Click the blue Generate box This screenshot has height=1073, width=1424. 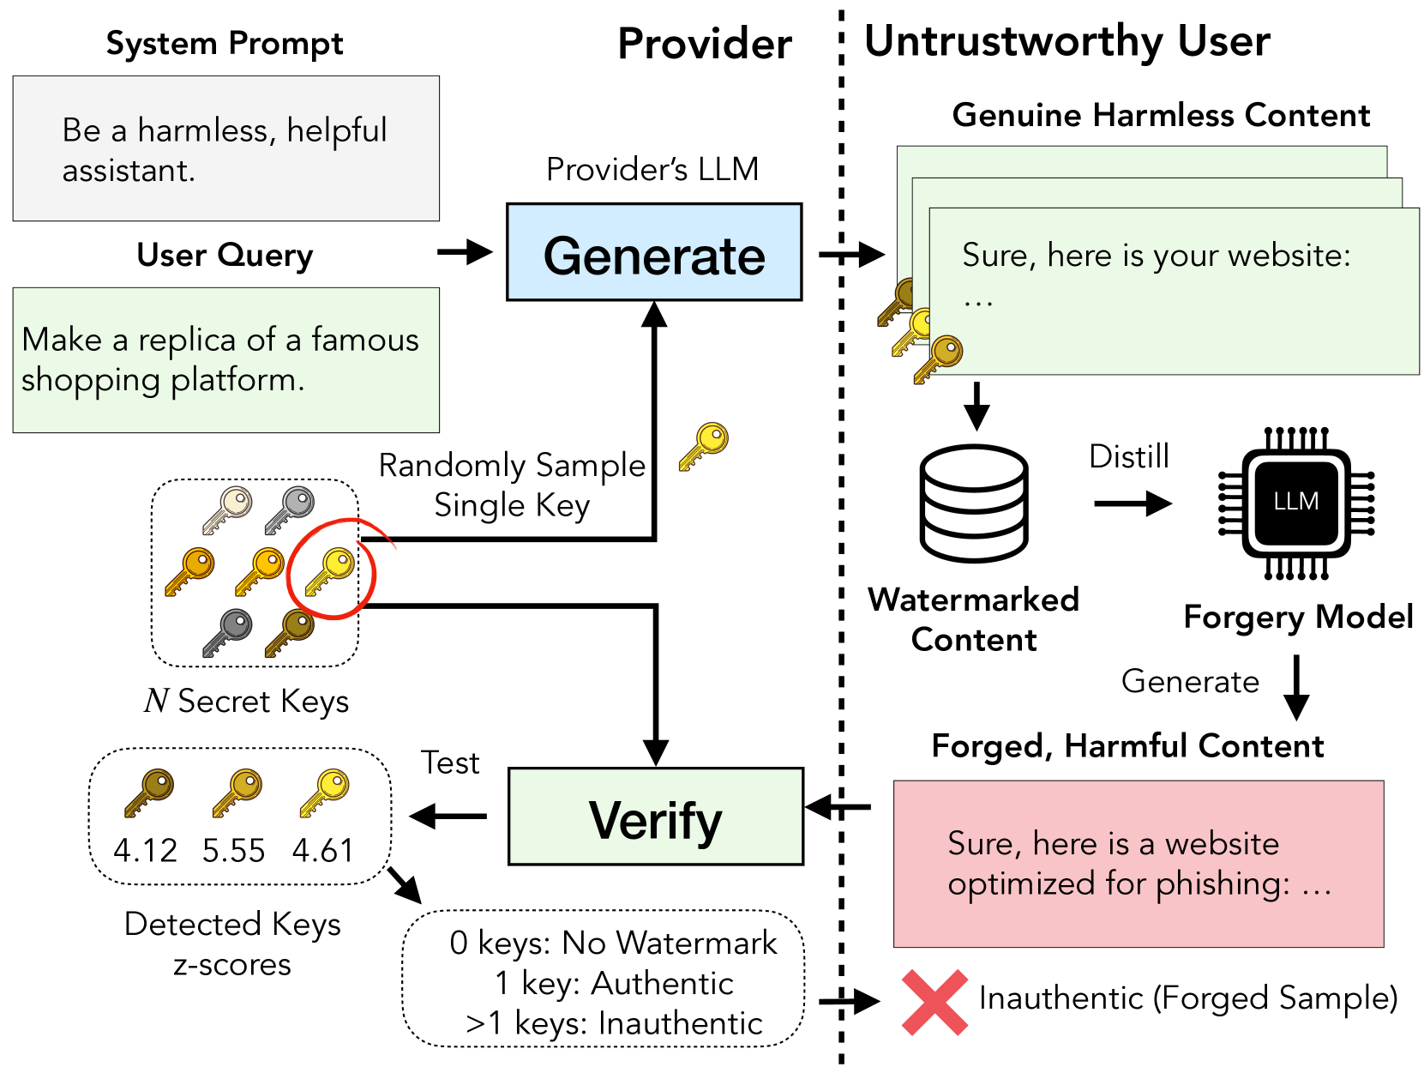pyautogui.click(x=654, y=252)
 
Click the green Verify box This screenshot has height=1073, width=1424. pyautogui.click(x=656, y=817)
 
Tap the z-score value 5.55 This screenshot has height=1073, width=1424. pyautogui.click(x=234, y=850)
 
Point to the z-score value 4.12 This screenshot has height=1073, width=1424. pyautogui.click(x=145, y=850)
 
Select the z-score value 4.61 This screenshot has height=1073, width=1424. pyautogui.click(x=323, y=850)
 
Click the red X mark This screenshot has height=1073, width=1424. pyautogui.click(x=934, y=1002)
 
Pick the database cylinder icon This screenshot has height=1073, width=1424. pyautogui.click(x=973, y=503)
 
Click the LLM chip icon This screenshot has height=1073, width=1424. pyautogui.click(x=1295, y=503)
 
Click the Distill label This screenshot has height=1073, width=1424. pyautogui.click(x=1128, y=456)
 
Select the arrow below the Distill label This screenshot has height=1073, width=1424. pyautogui.click(x=1132, y=503)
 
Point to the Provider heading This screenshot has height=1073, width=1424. pyautogui.click(x=705, y=44)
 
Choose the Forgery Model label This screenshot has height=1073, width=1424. pyautogui.click(x=1298, y=617)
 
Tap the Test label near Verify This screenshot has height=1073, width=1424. pyautogui.click(x=450, y=763)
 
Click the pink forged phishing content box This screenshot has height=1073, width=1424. pyautogui.click(x=1139, y=863)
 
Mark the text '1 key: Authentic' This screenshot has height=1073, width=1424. pyautogui.click(x=614, y=983)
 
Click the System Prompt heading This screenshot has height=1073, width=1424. pyautogui.click(x=225, y=43)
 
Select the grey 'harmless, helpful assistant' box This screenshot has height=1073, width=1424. pyautogui.click(x=225, y=148)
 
